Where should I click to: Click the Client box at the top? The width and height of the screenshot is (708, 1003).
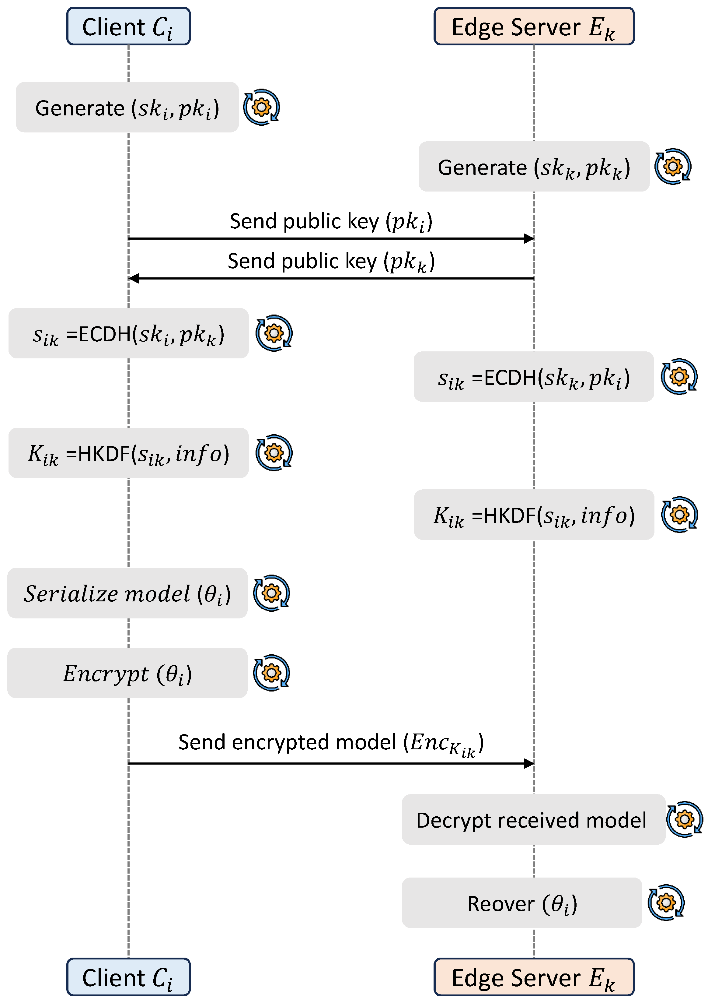[128, 26]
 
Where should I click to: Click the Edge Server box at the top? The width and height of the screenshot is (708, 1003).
[534, 26]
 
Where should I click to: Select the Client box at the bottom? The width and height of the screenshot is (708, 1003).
[128, 977]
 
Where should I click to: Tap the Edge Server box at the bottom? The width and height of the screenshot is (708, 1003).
[534, 977]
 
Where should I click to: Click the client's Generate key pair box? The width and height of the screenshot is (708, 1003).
[127, 107]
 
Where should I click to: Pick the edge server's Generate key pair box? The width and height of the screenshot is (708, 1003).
[534, 167]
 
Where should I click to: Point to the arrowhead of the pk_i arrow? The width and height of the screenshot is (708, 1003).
[529, 238]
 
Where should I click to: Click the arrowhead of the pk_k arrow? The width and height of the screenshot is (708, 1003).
[134, 278]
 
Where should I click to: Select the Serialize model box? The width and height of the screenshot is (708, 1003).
[127, 593]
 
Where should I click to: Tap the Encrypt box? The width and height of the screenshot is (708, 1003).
[127, 673]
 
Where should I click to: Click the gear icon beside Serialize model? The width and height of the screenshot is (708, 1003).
[271, 593]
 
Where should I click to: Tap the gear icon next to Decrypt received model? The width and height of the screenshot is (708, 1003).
[685, 819]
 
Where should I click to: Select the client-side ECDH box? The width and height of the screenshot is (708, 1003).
[128, 334]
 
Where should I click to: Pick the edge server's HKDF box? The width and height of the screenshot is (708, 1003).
[534, 515]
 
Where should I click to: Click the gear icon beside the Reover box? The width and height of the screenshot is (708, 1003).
[666, 903]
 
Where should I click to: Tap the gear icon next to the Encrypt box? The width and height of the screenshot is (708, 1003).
[271, 673]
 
